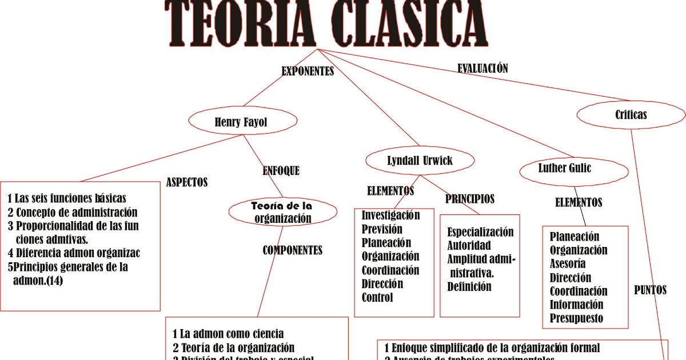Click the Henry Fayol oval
click(x=242, y=122)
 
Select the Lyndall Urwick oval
click(x=420, y=161)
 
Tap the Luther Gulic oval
click(x=564, y=169)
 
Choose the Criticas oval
click(x=631, y=115)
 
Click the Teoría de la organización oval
click(x=282, y=211)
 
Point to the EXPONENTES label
click(x=308, y=71)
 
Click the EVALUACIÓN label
click(x=482, y=68)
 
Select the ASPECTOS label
click(x=186, y=183)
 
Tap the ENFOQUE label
click(x=281, y=170)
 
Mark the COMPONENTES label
click(x=292, y=250)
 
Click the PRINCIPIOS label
click(x=470, y=199)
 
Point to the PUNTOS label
click(x=650, y=290)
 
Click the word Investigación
click(x=390, y=215)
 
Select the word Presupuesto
click(x=576, y=319)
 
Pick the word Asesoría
click(x=568, y=264)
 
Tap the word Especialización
click(x=480, y=232)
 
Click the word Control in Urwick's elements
click(x=377, y=298)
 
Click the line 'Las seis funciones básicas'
click(x=70, y=199)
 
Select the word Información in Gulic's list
click(x=576, y=305)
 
